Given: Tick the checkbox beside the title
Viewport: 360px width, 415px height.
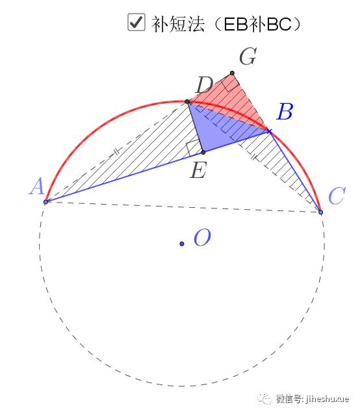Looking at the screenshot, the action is pos(136,22).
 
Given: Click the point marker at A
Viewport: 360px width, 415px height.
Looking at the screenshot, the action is pos(45,202).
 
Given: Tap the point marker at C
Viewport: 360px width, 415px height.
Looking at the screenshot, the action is pos(320,212).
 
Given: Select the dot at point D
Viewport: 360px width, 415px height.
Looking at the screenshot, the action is pos(187,101).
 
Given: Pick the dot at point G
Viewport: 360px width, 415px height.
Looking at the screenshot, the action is pos(232,73).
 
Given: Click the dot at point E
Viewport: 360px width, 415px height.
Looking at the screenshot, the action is pos(203,153).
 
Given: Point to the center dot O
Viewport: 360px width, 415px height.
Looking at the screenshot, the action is pos(182,244).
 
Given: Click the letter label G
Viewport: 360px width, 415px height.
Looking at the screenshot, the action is pos(248,57).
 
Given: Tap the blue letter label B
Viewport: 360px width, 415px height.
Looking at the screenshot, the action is pos(285,112).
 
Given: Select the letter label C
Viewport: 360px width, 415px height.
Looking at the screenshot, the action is pos(337,196).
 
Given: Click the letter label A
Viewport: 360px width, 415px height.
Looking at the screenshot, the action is pos(36,186).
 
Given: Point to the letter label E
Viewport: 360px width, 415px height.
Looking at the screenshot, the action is pos(198,170).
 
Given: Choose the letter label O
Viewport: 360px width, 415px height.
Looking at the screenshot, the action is pos(202,238).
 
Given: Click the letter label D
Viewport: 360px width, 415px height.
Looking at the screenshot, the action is pos(204,85).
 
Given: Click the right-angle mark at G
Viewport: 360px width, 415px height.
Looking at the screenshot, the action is pos(230,83).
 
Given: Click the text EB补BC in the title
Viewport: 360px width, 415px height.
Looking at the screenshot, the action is pos(257,24).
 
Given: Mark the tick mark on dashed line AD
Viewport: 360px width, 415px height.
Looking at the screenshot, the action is pos(117,152).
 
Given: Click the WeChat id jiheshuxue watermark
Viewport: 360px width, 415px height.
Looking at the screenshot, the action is pos(313,399).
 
